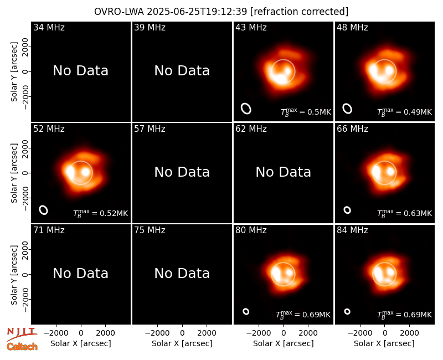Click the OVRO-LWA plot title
click(221, 12)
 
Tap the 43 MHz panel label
click(251, 27)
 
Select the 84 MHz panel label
click(352, 230)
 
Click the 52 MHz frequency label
click(49, 129)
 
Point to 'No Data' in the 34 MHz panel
click(81, 71)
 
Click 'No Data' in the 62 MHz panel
click(284, 172)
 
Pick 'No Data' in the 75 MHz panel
click(182, 273)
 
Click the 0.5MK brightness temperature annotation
click(306, 112)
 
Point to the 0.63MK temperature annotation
click(405, 213)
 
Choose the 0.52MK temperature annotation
click(101, 213)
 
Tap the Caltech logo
click(22, 347)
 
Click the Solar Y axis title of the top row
click(14, 72)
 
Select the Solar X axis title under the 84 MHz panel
click(384, 343)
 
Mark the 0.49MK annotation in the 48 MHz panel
click(405, 112)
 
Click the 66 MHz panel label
click(352, 129)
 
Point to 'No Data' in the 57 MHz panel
click(182, 172)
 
